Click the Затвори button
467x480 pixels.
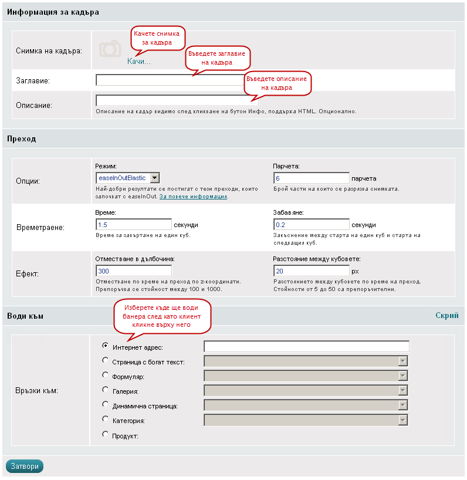tap(25, 467)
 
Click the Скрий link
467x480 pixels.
tap(446, 316)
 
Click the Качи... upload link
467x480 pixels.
tap(139, 61)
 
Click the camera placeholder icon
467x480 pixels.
tap(110, 49)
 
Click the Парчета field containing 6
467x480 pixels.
tap(311, 178)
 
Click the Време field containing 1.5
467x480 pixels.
tap(133, 225)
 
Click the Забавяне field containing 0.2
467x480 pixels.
tap(311, 225)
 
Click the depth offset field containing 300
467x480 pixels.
tap(133, 271)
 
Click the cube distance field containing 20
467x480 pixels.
tap(311, 271)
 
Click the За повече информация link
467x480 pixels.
tap(194, 197)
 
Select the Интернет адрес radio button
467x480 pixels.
tap(106, 346)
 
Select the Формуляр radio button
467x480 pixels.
tap(106, 374)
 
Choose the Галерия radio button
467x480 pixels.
tap(106, 389)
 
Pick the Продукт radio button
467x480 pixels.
tap(106, 434)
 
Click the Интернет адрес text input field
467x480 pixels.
tap(306, 346)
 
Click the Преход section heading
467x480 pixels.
tap(22, 139)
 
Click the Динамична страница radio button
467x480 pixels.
tap(106, 404)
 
